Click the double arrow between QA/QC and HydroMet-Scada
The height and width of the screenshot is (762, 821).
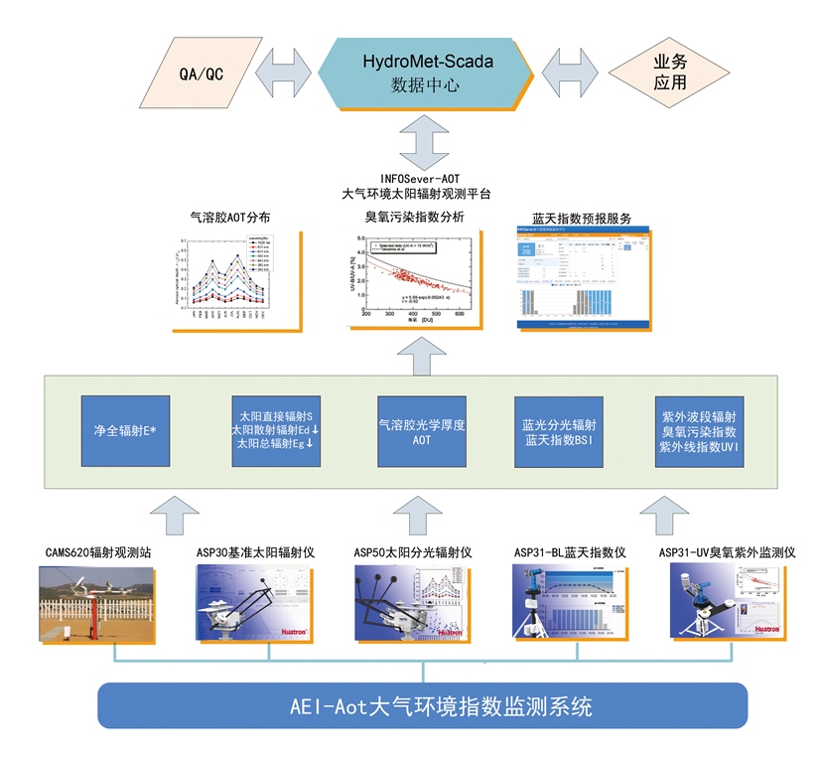(x=286, y=73)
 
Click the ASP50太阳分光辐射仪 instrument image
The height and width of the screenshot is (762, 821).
(x=412, y=601)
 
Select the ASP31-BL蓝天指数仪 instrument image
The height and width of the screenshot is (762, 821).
(x=570, y=601)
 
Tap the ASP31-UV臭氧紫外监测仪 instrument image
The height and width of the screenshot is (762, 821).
(x=728, y=601)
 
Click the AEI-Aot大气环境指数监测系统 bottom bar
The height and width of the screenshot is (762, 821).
(x=411, y=707)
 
